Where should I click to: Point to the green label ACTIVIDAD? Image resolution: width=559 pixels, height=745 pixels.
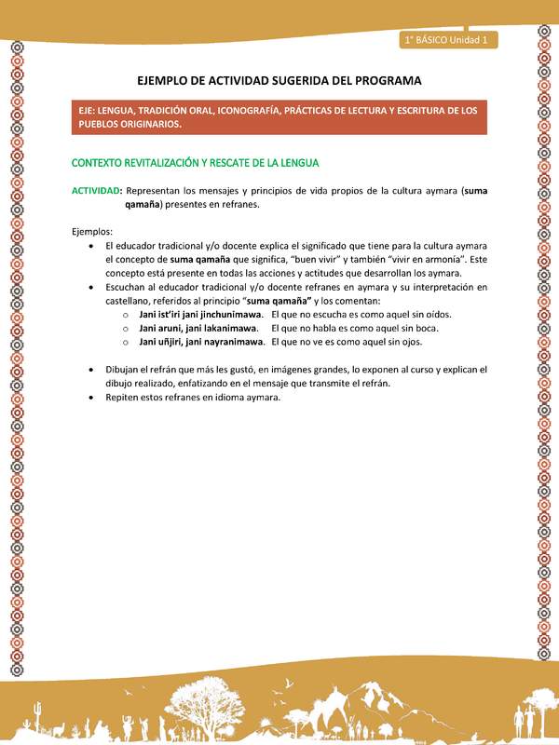pos(97,190)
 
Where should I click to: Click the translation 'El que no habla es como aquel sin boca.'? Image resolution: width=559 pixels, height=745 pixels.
pos(355,328)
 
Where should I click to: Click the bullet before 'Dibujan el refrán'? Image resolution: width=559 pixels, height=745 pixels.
pos(89,370)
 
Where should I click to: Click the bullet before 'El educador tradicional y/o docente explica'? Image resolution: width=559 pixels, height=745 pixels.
pos(89,245)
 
